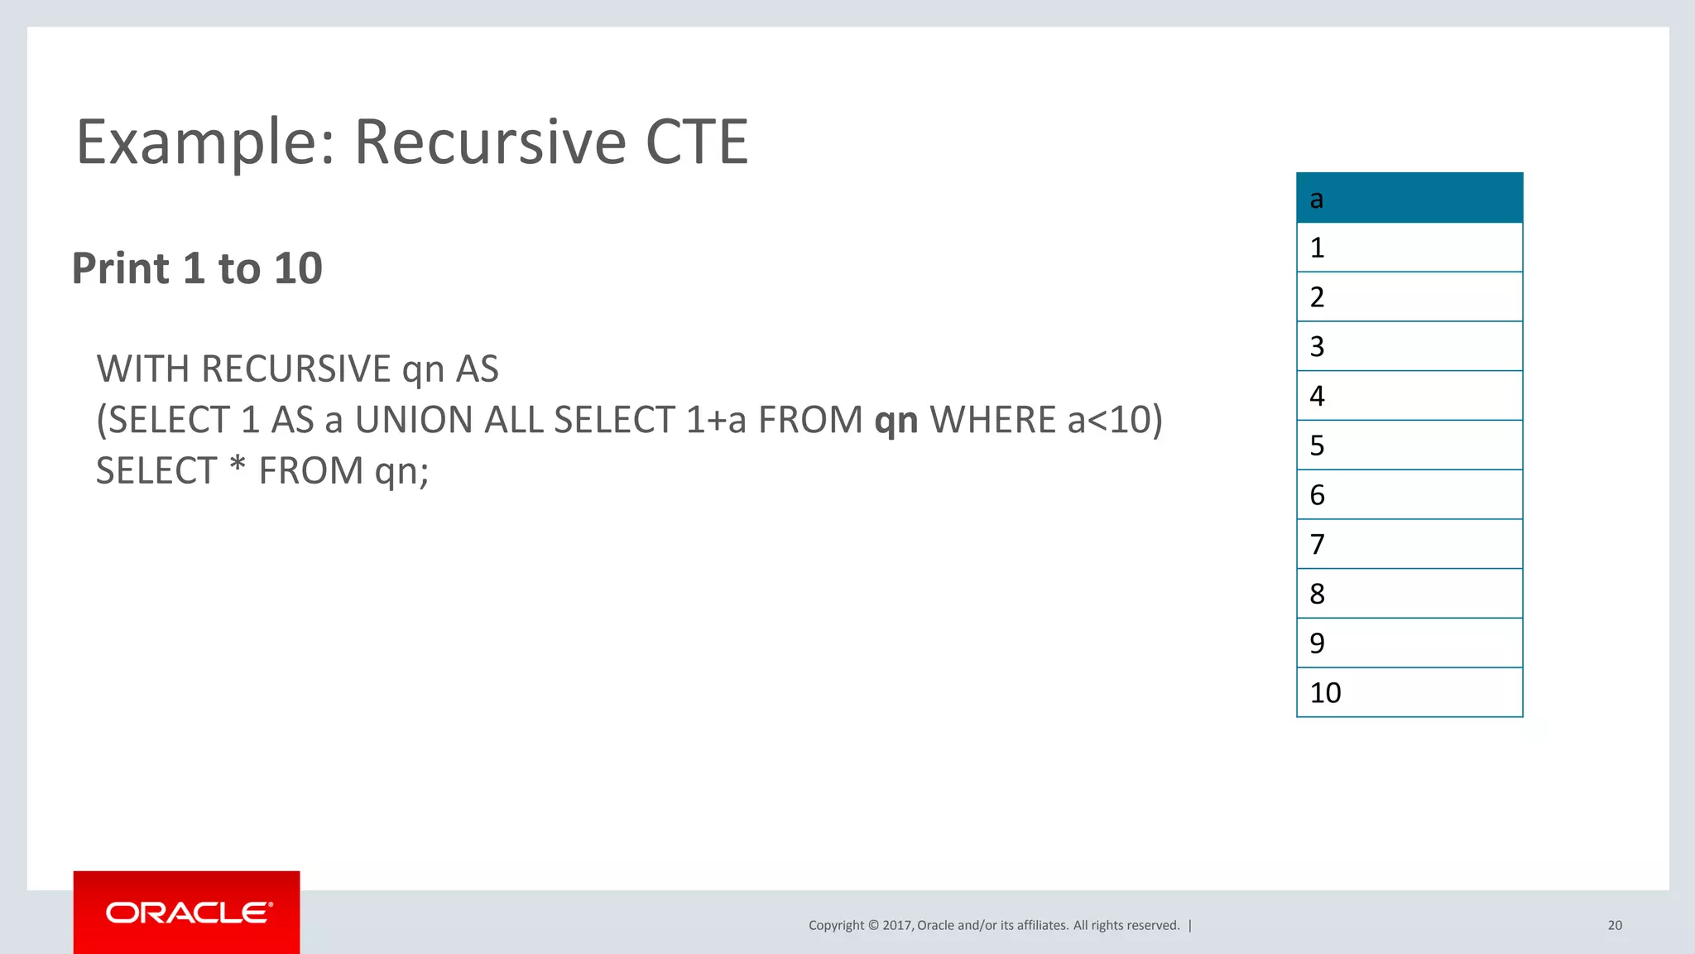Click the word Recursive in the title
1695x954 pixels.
tap(490, 142)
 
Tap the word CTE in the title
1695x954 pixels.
tap(696, 142)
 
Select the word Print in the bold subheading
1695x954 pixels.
tap(121, 268)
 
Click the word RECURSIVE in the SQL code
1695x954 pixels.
tap(296, 369)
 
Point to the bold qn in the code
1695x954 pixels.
tap(896, 421)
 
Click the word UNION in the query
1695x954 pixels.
tap(414, 420)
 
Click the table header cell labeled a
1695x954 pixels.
tap(1409, 199)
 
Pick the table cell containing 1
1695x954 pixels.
tap(1409, 248)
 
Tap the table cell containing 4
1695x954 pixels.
tap(1409, 396)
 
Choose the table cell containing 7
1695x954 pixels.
tap(1409, 544)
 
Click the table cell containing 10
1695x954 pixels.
tap(1409, 692)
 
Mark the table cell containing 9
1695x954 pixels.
tap(1409, 643)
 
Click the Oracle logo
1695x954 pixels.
tap(187, 913)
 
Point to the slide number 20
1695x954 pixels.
tap(1615, 925)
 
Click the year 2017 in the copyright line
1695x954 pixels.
tap(897, 925)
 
